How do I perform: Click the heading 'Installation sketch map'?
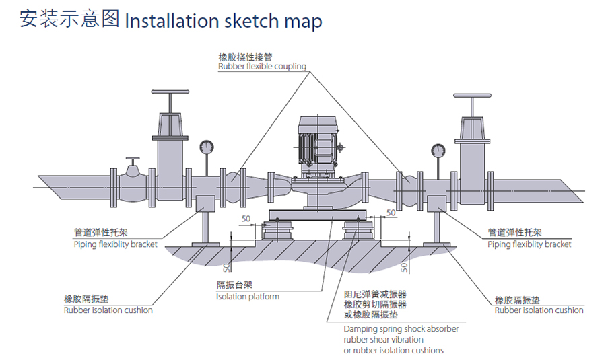click(x=224, y=20)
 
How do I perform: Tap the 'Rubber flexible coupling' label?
click(x=262, y=67)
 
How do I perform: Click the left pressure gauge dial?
click(x=206, y=146)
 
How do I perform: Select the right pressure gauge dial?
click(x=438, y=150)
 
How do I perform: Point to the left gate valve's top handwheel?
click(x=170, y=92)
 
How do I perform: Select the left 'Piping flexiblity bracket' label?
click(x=115, y=244)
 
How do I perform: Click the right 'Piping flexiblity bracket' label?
click(x=529, y=244)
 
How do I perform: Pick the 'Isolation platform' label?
click(x=247, y=297)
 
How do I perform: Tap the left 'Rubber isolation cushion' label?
click(x=108, y=310)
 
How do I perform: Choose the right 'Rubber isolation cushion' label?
click(x=539, y=310)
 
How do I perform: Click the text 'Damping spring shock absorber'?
click(x=401, y=329)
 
